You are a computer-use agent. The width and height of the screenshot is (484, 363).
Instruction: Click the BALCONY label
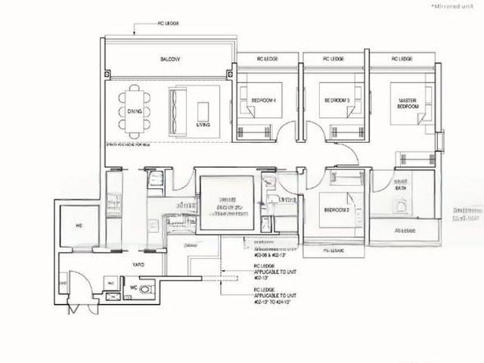(169, 58)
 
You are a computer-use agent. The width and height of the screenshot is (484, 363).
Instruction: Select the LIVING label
(203, 124)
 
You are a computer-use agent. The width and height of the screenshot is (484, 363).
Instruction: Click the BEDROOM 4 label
(262, 100)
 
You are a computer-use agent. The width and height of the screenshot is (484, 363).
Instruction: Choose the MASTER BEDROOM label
(408, 104)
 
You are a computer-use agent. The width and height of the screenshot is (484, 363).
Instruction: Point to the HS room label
(79, 225)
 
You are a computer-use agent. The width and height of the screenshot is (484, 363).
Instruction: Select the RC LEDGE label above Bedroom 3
(334, 58)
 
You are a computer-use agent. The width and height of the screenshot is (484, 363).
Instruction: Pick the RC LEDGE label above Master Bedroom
(402, 58)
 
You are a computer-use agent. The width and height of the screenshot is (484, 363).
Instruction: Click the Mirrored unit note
(452, 5)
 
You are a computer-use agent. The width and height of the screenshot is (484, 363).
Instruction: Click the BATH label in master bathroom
(402, 188)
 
